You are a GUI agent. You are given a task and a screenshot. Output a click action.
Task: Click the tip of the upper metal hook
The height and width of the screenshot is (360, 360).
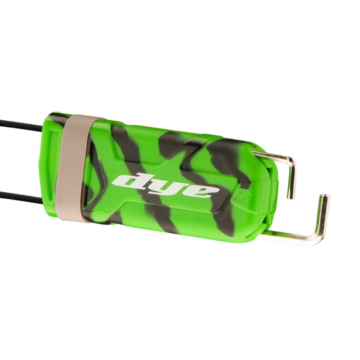click(x=291, y=196)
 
